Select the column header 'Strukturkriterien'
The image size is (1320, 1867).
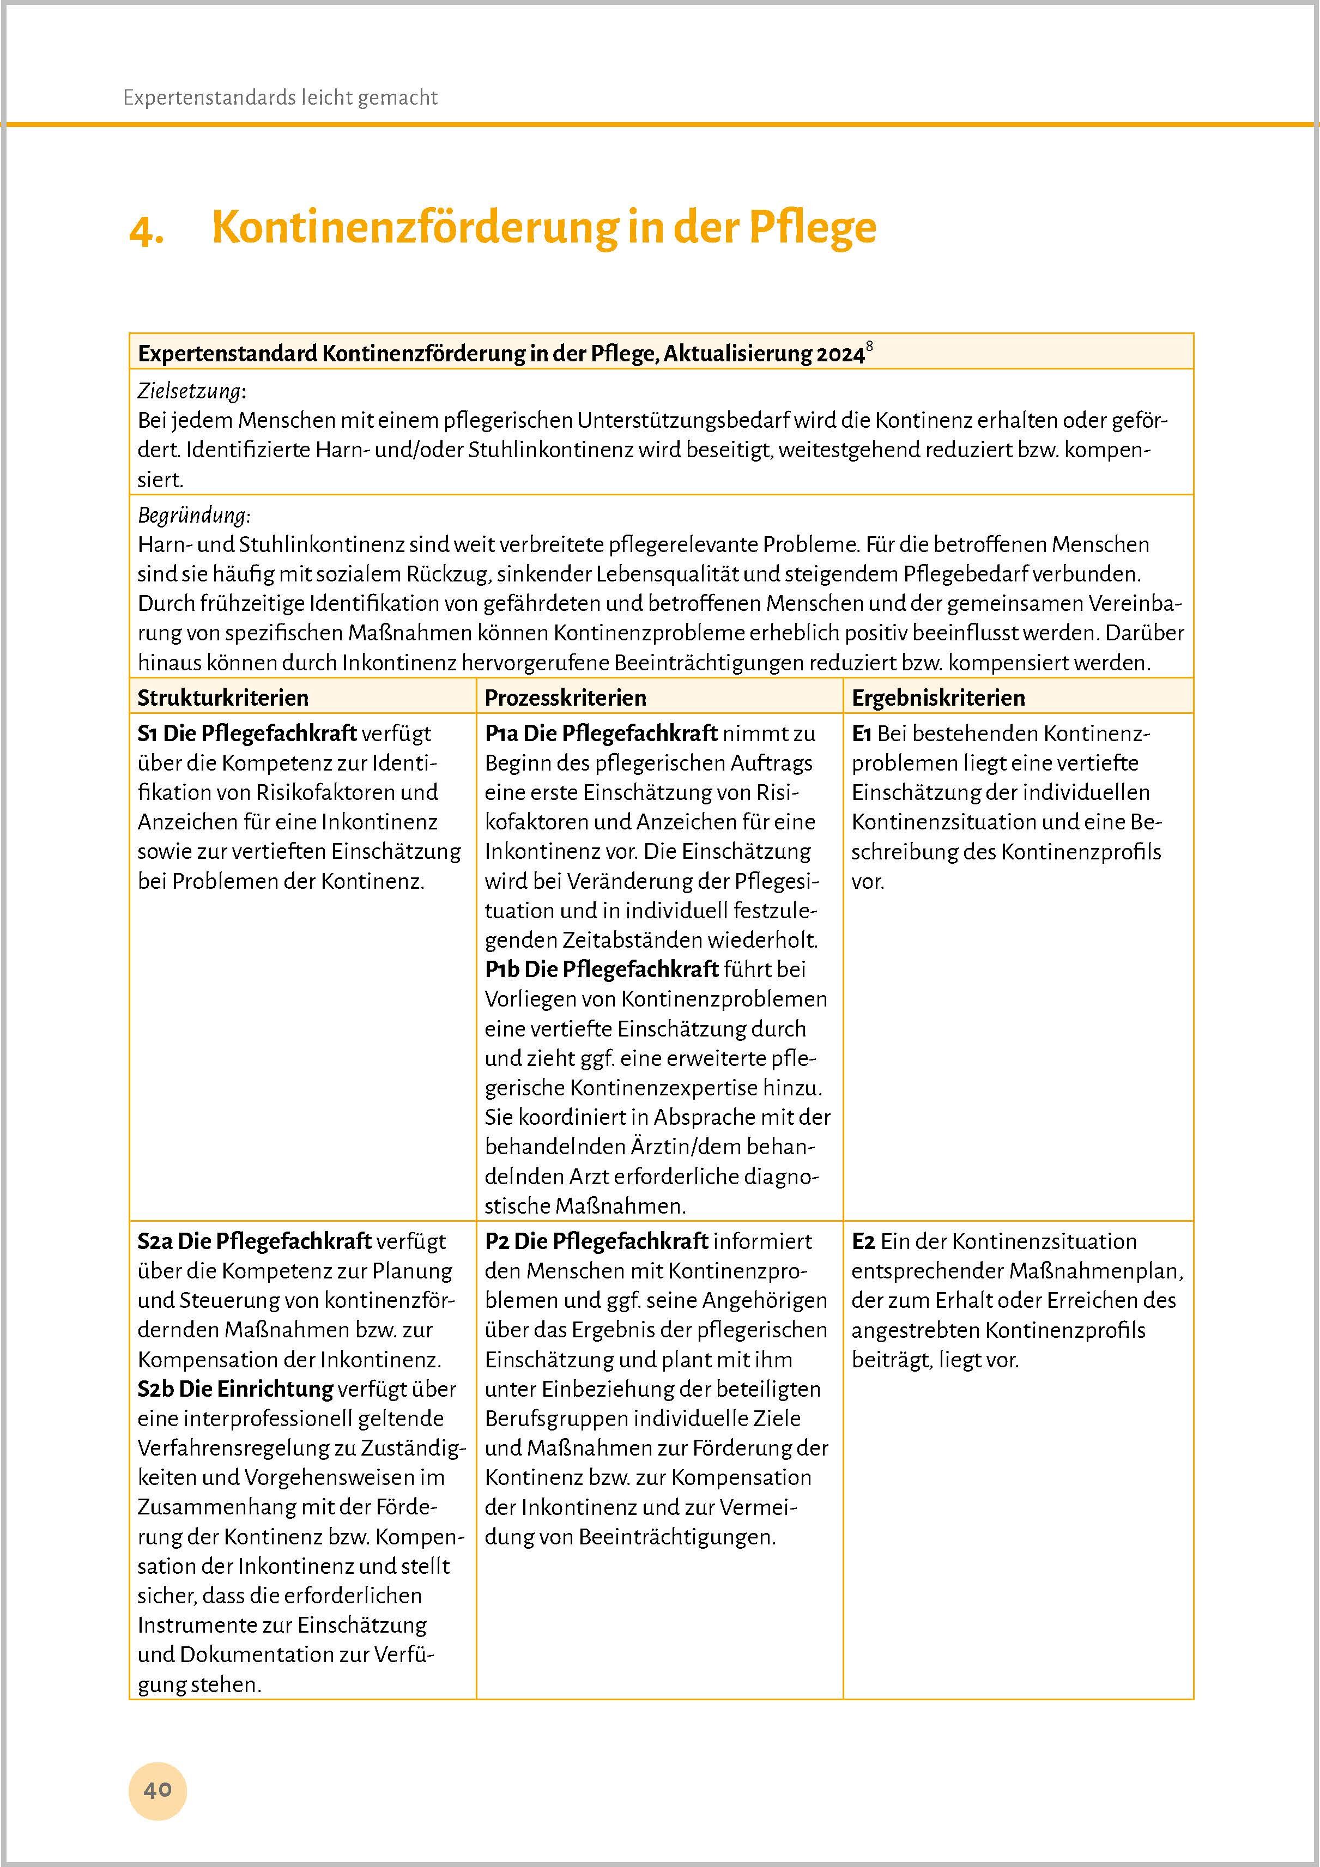[x=223, y=698]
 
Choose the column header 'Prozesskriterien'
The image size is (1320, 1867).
[x=565, y=698]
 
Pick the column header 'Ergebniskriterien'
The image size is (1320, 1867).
[x=938, y=698]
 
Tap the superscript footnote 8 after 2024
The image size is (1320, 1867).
[x=869, y=347]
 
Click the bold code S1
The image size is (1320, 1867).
[x=147, y=734]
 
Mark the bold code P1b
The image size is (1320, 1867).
[x=502, y=969]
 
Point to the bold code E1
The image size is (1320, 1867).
[x=862, y=734]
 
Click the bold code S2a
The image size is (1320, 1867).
[x=155, y=1242]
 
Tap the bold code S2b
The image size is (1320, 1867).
[x=155, y=1389]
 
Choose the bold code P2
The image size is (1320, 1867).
[x=497, y=1242]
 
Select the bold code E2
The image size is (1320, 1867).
[x=863, y=1242]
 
